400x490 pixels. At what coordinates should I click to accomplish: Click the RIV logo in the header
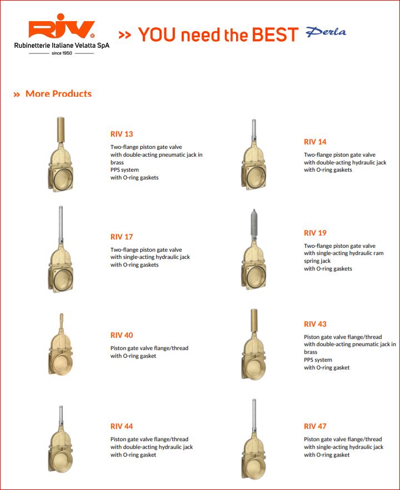(x=62, y=31)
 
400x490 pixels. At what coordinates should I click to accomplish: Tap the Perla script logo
(x=326, y=32)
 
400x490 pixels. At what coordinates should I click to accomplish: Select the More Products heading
(x=58, y=94)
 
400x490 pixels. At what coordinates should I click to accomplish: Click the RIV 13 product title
(x=122, y=134)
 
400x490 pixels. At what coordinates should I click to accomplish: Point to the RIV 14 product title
(x=315, y=142)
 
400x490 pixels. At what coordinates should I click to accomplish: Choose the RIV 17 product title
(x=122, y=237)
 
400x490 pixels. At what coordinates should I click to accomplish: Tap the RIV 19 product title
(x=315, y=233)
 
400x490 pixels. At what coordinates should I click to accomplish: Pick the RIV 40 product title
(x=122, y=335)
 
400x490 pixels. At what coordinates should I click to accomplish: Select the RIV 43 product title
(x=315, y=324)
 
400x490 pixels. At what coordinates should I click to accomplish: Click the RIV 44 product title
(x=122, y=426)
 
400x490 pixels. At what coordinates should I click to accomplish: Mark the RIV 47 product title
(x=315, y=426)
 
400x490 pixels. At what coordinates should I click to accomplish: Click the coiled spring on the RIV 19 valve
(x=254, y=224)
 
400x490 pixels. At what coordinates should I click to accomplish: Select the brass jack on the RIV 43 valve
(x=254, y=321)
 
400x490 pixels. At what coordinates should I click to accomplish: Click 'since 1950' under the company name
(x=62, y=53)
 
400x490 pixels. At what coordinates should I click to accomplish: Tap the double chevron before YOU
(x=125, y=35)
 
